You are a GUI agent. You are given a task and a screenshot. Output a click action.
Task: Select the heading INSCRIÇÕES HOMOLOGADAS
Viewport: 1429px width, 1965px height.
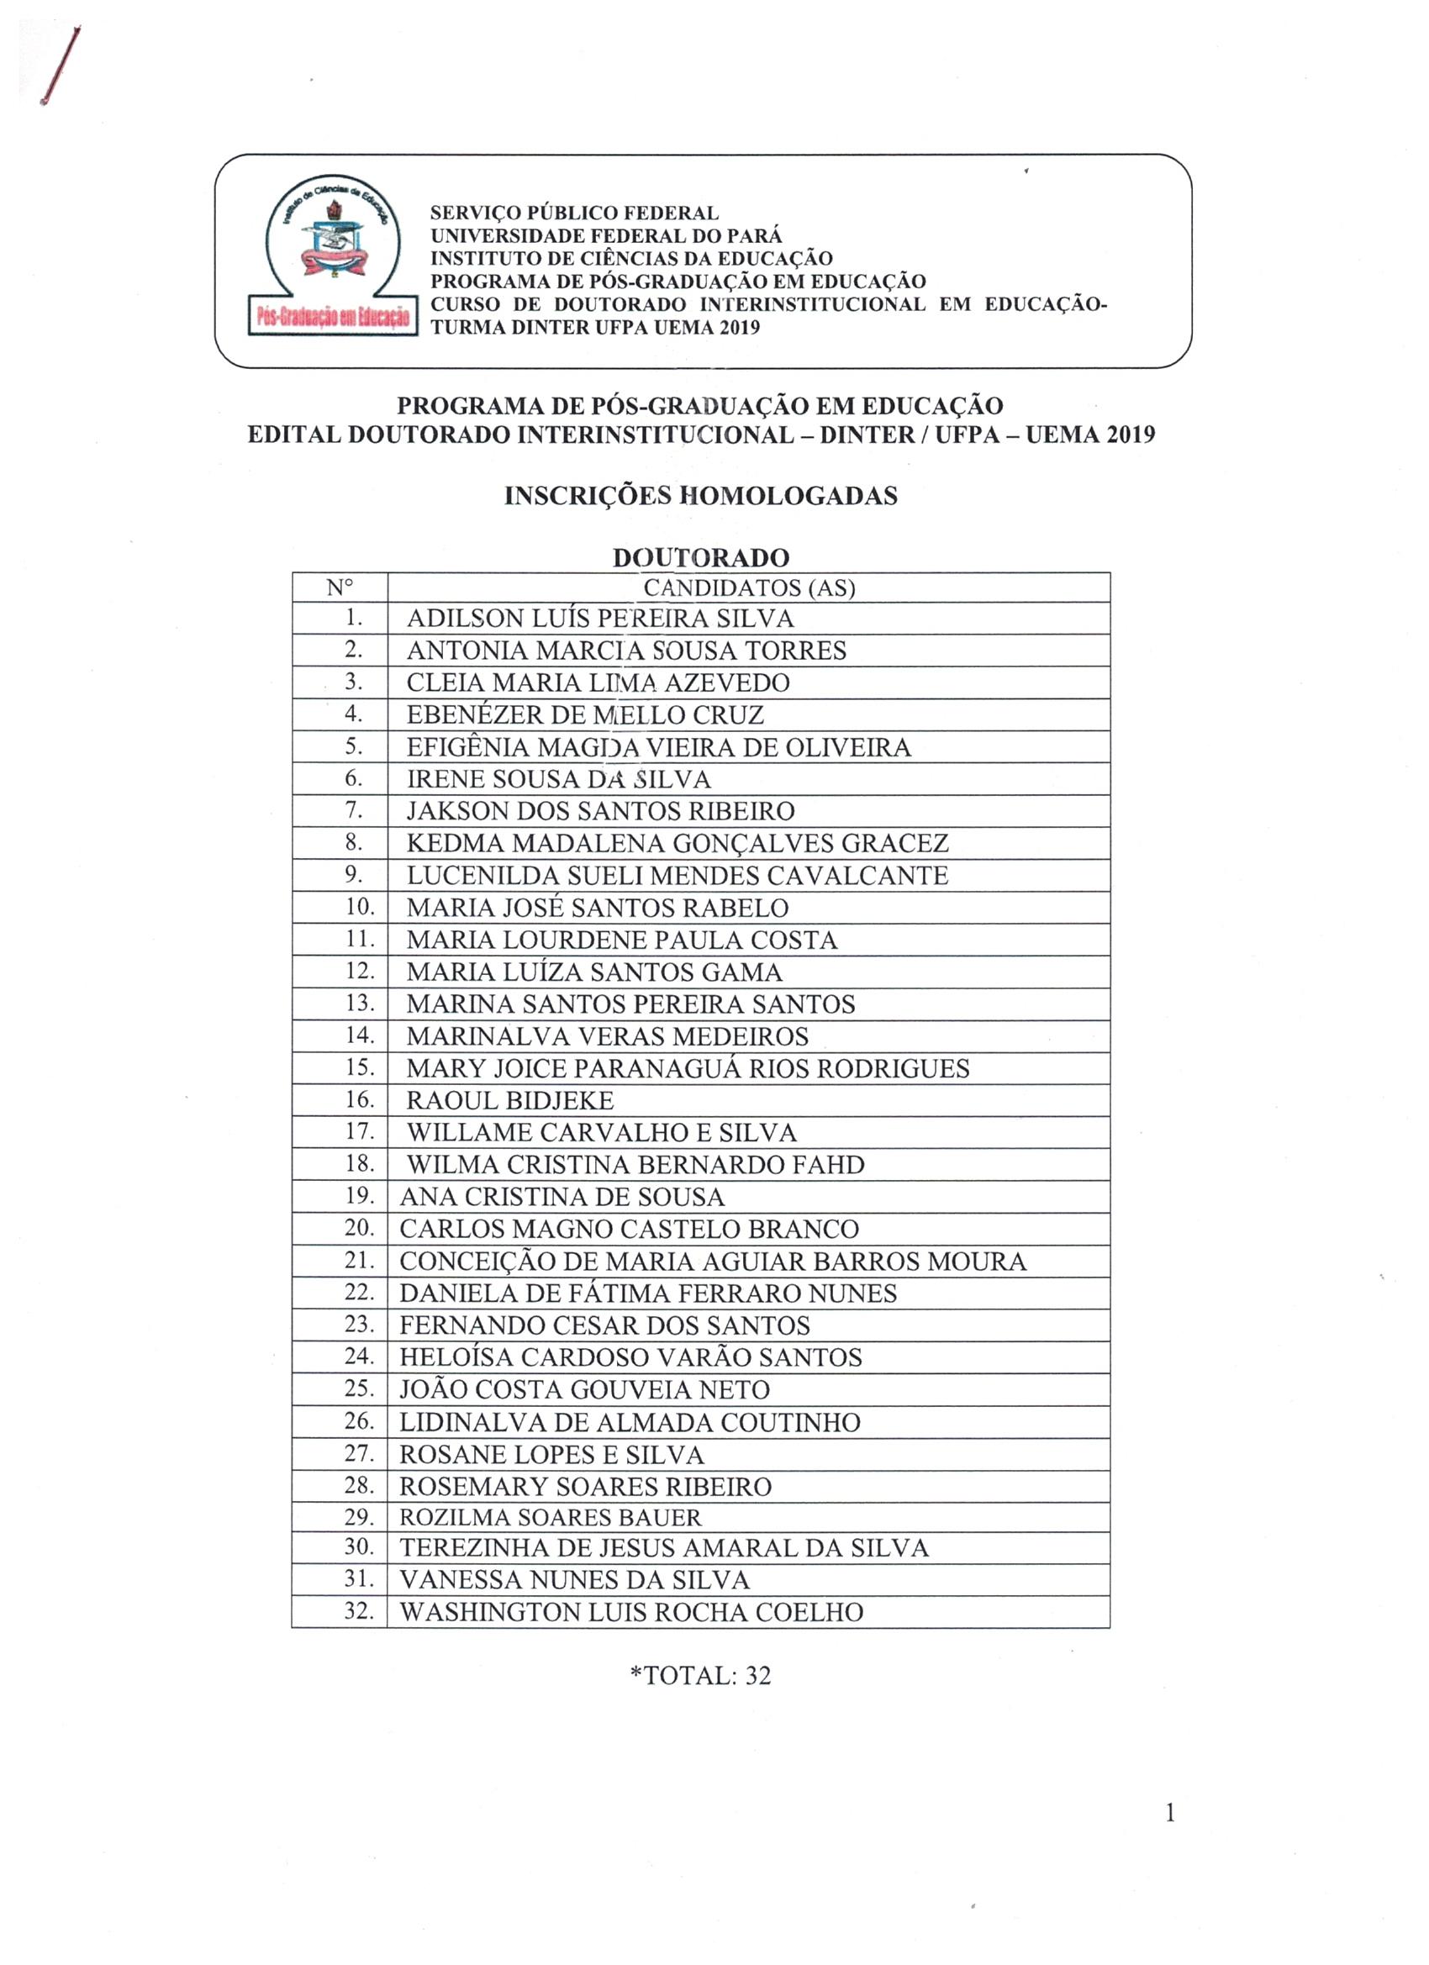(x=700, y=496)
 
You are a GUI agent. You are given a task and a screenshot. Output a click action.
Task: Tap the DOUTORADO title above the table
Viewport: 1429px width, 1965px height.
(x=700, y=557)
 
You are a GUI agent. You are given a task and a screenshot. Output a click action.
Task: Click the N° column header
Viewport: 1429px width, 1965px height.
(x=340, y=587)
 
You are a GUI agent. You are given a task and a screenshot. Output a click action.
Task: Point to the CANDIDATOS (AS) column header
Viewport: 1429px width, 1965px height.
(x=749, y=587)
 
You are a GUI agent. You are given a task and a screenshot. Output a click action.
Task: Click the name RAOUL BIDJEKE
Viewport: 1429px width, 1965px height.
(x=509, y=1100)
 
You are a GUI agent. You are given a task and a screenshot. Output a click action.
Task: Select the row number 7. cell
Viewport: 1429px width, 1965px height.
(x=354, y=810)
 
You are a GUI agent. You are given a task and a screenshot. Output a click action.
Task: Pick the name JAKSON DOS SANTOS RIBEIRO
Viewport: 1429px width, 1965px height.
(x=599, y=811)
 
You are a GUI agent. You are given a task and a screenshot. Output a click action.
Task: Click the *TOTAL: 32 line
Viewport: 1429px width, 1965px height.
(x=700, y=1676)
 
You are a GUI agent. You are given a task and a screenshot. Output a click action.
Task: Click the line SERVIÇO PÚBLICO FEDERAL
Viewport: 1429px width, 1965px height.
(x=575, y=213)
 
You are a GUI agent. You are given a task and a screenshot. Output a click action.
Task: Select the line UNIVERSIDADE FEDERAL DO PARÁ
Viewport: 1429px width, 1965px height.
(x=606, y=235)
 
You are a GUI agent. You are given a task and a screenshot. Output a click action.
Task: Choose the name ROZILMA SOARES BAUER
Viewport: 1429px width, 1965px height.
(x=551, y=1517)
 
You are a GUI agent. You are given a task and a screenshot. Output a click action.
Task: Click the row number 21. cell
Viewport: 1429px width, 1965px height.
(x=359, y=1260)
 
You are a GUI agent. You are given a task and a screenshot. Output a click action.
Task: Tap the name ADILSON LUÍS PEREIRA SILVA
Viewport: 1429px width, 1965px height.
(x=599, y=619)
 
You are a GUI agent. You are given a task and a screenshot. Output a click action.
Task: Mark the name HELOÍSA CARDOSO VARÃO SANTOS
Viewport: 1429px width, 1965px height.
(x=630, y=1357)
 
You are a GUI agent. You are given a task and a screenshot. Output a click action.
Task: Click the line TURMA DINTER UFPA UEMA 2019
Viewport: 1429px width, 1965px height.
(x=594, y=328)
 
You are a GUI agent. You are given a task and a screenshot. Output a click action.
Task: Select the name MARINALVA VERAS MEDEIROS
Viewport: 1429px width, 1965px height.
(x=607, y=1036)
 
